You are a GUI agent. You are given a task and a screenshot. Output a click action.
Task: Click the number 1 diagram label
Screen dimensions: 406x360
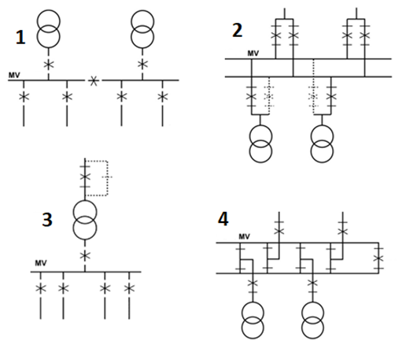(20, 37)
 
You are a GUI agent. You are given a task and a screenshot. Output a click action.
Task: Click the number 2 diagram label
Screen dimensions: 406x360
(238, 30)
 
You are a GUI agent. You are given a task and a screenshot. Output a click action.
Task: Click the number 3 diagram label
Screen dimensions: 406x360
(47, 220)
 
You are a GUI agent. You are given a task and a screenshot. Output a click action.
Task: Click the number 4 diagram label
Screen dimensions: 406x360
(223, 219)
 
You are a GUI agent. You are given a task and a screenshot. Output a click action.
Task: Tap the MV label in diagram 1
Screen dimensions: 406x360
(14, 76)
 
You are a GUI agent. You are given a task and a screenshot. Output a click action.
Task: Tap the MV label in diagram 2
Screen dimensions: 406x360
(253, 54)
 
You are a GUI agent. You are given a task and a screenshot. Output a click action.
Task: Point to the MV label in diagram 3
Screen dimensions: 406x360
(41, 263)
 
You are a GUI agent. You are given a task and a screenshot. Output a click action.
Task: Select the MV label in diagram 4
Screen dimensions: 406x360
(244, 237)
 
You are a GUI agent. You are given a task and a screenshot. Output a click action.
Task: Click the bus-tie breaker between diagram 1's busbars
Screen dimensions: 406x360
(94, 80)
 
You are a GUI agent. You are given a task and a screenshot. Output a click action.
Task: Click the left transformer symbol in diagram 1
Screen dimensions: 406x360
(49, 29)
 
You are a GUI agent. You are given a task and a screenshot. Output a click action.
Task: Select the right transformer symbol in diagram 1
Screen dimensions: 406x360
(142, 29)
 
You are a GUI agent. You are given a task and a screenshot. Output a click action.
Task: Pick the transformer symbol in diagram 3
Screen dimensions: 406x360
(85, 220)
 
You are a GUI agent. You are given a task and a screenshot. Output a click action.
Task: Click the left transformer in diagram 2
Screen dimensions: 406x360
(260, 144)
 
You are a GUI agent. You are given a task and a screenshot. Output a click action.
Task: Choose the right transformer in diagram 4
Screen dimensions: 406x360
(312, 321)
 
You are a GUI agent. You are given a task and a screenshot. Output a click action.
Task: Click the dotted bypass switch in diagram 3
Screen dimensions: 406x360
(107, 177)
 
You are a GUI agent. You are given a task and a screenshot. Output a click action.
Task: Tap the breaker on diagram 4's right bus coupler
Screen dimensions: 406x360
(378, 258)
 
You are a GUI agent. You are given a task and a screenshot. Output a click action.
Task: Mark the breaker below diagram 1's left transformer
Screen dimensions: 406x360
(49, 65)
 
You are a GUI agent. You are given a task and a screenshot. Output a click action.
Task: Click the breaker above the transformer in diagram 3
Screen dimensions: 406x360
(85, 176)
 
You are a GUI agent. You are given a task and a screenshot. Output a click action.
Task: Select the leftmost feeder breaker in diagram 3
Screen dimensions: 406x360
(41, 288)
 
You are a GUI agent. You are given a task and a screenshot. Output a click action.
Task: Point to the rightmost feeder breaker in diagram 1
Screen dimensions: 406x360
(163, 97)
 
